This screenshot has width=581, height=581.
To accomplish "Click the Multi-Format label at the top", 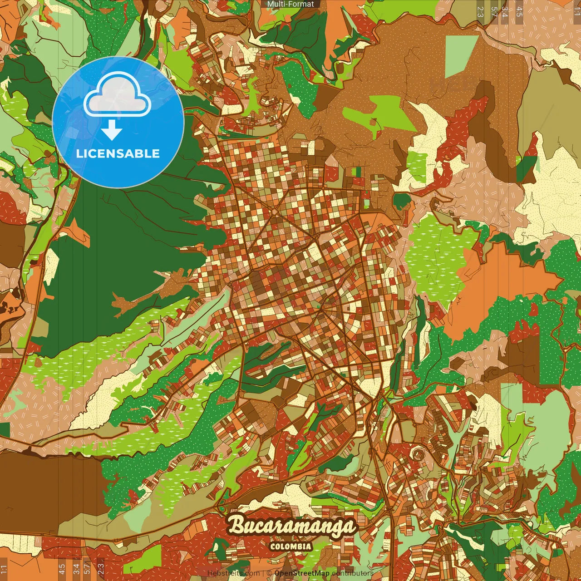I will click(290, 4).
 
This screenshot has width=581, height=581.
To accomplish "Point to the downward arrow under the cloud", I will click(112, 132).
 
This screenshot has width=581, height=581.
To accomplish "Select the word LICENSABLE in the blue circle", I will click(118, 153).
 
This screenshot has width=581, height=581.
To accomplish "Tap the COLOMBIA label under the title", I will click(290, 547).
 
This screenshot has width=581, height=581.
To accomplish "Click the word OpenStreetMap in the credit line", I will click(302, 573).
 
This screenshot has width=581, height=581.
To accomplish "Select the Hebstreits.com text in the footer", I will click(233, 573).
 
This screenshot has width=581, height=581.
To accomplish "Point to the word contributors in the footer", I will click(353, 573).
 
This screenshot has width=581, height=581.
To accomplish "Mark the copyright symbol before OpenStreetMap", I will click(269, 573).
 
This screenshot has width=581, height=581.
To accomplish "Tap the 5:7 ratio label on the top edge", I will click(494, 11).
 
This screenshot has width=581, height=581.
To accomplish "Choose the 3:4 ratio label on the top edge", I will click(505, 11).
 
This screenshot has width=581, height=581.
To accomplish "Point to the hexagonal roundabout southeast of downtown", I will click(417, 453).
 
